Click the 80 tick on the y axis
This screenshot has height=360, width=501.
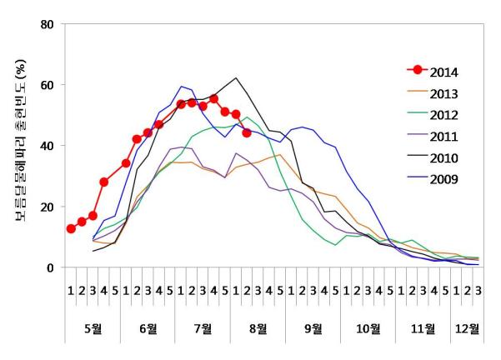pos(48,23)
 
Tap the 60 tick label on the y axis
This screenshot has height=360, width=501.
pos(48,85)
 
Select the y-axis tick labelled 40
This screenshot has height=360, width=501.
pos(48,146)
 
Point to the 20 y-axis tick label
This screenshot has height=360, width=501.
pos(48,207)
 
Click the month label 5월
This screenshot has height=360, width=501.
pos(93,328)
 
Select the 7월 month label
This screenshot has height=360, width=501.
pos(203,328)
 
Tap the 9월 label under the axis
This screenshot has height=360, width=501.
pos(313,328)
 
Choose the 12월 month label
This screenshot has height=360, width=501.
pos(467,328)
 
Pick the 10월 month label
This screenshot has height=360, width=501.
pos(368,328)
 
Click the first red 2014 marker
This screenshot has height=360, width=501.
pos(71,229)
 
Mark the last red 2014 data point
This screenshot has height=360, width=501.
pos(247,132)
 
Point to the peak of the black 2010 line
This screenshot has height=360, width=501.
pos(237,78)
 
